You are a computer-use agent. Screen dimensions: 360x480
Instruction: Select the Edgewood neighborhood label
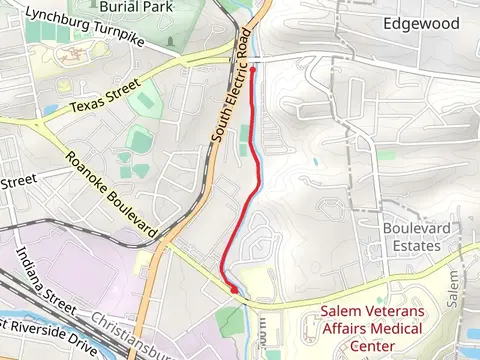[x=421, y=23]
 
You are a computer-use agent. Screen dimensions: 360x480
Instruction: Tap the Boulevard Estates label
[x=411, y=237]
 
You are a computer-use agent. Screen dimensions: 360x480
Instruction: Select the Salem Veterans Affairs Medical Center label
[x=373, y=329]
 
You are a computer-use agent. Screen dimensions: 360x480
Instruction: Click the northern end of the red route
[x=251, y=68]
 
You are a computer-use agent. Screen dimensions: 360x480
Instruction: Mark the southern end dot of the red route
[x=235, y=290]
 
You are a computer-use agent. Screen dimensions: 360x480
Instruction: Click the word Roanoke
[x=87, y=172]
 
